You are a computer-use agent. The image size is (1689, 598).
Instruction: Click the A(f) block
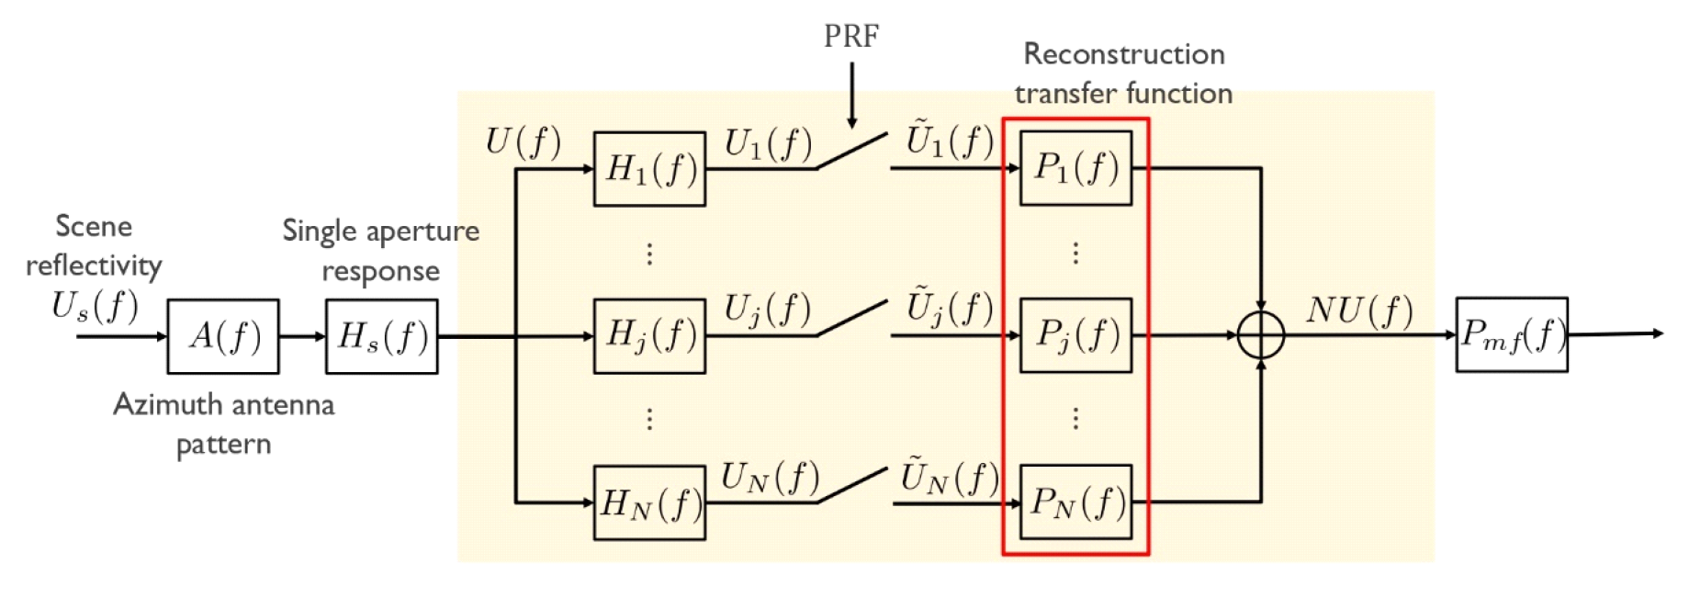[x=223, y=336]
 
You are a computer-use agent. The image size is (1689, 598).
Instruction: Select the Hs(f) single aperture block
[x=381, y=336]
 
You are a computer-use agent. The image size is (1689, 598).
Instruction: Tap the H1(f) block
[x=649, y=169]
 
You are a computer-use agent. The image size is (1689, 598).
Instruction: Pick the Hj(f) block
[x=649, y=335]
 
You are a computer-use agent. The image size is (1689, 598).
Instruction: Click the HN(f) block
[x=649, y=502]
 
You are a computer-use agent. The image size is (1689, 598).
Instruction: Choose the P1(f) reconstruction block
[x=1075, y=168]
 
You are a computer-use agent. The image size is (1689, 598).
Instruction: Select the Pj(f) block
[x=1075, y=335]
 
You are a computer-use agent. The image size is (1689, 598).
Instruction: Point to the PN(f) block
[x=1075, y=502]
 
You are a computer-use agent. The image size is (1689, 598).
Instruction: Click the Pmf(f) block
[x=1511, y=335]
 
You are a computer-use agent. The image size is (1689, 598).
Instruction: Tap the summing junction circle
[x=1261, y=335]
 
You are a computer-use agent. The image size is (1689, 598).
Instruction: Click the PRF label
[x=851, y=37]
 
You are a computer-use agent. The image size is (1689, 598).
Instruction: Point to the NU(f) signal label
[x=1359, y=310]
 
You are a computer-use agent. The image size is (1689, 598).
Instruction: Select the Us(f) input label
[x=95, y=306]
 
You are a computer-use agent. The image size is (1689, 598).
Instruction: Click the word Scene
[x=94, y=226]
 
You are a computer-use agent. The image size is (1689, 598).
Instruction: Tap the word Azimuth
[x=167, y=404]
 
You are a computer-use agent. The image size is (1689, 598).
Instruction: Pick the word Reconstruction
[x=1123, y=54]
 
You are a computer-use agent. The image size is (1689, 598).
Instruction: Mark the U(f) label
[x=523, y=141]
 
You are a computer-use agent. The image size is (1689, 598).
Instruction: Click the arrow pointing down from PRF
[x=852, y=96]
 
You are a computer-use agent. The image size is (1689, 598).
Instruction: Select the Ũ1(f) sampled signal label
[x=950, y=141]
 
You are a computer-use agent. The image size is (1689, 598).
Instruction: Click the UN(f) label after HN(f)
[x=770, y=477]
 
